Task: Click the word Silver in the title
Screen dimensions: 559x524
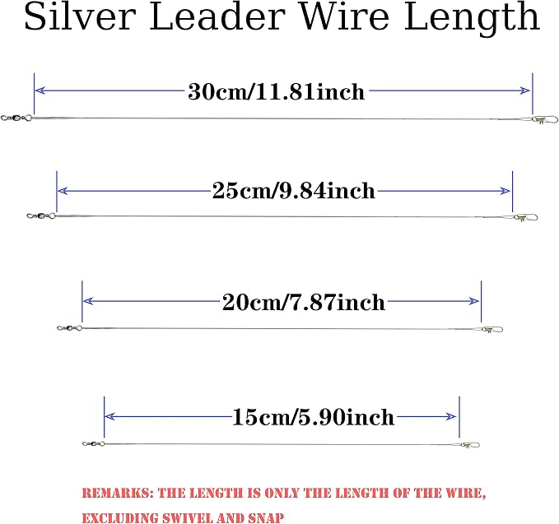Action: (x=80, y=16)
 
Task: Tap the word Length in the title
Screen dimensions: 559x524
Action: (x=472, y=19)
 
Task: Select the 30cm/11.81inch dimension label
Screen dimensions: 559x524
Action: (x=277, y=92)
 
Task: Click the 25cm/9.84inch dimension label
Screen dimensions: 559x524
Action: (x=294, y=191)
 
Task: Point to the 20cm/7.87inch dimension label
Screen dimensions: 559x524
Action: (x=304, y=303)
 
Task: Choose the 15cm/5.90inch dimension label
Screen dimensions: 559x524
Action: (x=314, y=417)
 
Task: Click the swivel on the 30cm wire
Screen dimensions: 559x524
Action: (x=16, y=118)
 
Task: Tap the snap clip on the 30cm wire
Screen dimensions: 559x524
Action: (x=544, y=120)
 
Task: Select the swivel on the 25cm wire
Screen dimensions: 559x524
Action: (x=41, y=216)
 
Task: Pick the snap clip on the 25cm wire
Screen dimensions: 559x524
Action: (x=525, y=217)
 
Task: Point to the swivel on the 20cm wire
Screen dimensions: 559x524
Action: (x=69, y=328)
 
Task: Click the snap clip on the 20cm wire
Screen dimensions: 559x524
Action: (x=491, y=330)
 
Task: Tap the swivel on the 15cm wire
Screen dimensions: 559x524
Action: (x=93, y=444)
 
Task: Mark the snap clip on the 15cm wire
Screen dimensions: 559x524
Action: (x=469, y=445)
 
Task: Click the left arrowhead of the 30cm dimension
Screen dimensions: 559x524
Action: (x=40, y=90)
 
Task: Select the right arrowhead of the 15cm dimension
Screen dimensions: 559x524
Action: (x=451, y=416)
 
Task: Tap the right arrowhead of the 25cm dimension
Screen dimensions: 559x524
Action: (x=505, y=192)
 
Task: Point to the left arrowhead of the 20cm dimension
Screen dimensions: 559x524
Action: (x=88, y=301)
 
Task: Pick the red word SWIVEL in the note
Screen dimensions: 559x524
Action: (x=187, y=517)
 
